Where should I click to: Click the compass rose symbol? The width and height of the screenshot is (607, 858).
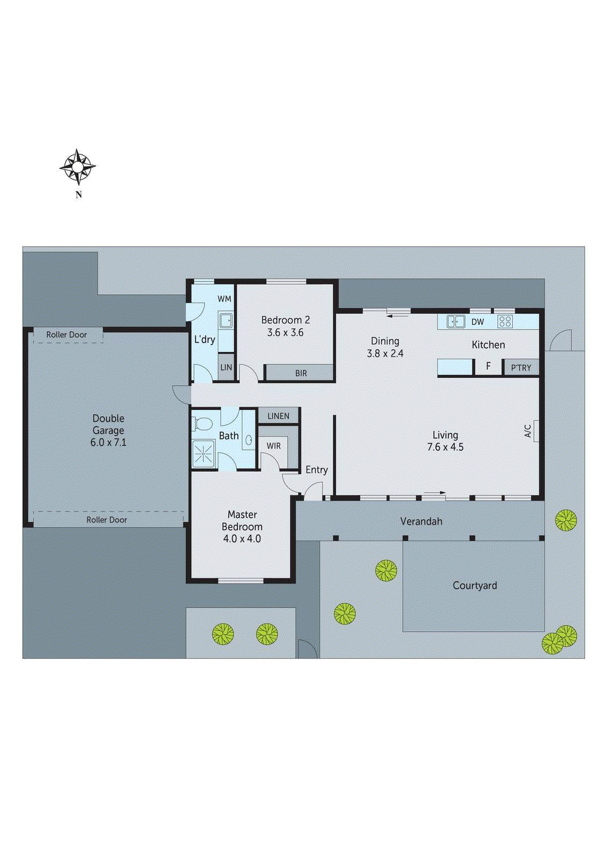point(78,167)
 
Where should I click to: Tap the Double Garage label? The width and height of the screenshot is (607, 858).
point(108,424)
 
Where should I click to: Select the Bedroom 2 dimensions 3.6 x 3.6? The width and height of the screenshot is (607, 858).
point(285,332)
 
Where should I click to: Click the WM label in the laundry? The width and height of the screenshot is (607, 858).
point(224,299)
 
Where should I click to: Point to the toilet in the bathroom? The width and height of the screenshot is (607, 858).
point(201,424)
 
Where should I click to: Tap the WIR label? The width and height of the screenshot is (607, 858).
point(274,446)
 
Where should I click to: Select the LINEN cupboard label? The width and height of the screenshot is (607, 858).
point(278,416)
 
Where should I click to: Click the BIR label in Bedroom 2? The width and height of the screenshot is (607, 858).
point(301,373)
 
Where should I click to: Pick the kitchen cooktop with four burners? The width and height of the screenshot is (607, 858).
point(505,321)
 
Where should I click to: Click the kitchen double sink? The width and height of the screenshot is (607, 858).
point(456,322)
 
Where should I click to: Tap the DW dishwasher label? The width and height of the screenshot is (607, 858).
point(478,322)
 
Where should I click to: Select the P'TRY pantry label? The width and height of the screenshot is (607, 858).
point(521,368)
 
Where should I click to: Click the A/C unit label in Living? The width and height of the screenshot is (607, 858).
point(528,431)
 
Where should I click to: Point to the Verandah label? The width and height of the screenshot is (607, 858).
point(421,521)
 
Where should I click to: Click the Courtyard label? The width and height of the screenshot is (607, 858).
point(474,586)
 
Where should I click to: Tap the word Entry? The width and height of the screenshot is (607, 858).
point(317,470)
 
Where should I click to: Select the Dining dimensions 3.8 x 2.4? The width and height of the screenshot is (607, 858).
point(385,353)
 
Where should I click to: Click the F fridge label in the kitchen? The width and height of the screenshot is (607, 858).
point(488,367)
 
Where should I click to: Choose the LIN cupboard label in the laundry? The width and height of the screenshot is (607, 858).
point(226,367)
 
